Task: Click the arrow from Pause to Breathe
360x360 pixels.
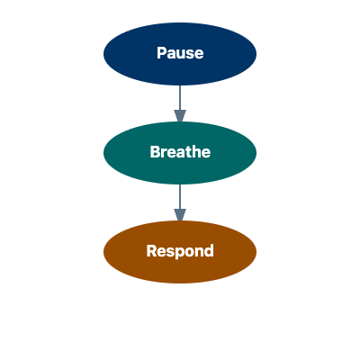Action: pyautogui.click(x=180, y=99)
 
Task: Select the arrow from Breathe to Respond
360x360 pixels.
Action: pyautogui.click(x=180, y=198)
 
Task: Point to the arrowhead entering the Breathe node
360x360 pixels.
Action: pyautogui.click(x=180, y=116)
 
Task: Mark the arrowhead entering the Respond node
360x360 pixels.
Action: pyautogui.click(x=180, y=215)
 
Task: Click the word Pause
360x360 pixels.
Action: pyautogui.click(x=180, y=53)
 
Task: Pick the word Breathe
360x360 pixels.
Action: pyautogui.click(x=180, y=152)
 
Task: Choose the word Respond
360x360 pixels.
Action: pyautogui.click(x=180, y=251)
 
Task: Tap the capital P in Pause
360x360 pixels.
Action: pyautogui.click(x=161, y=53)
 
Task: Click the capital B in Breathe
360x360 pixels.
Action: pyautogui.click(x=155, y=152)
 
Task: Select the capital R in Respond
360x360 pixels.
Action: pyautogui.click(x=151, y=251)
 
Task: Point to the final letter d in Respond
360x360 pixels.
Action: pyautogui.click(x=209, y=251)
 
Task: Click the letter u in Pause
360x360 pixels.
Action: pyautogui.click(x=180, y=54)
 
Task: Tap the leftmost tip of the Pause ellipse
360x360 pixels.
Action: pyautogui.click(x=105, y=54)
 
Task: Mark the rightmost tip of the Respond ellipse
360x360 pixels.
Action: pyautogui.click(x=256, y=252)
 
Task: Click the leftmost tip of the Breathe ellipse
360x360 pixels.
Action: pyautogui.click(x=105, y=153)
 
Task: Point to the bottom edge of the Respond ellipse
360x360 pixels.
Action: pyautogui.click(x=180, y=282)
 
